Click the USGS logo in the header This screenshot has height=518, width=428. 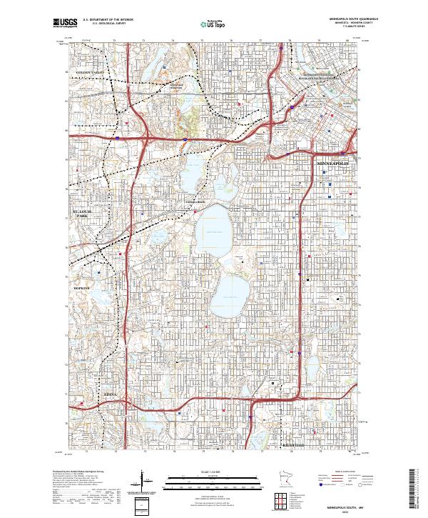(x=65, y=23)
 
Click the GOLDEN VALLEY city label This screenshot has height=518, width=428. (x=90, y=73)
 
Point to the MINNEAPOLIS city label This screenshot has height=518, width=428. (x=333, y=164)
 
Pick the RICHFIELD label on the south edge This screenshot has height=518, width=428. (x=292, y=447)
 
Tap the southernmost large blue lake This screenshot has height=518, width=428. (x=229, y=290)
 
